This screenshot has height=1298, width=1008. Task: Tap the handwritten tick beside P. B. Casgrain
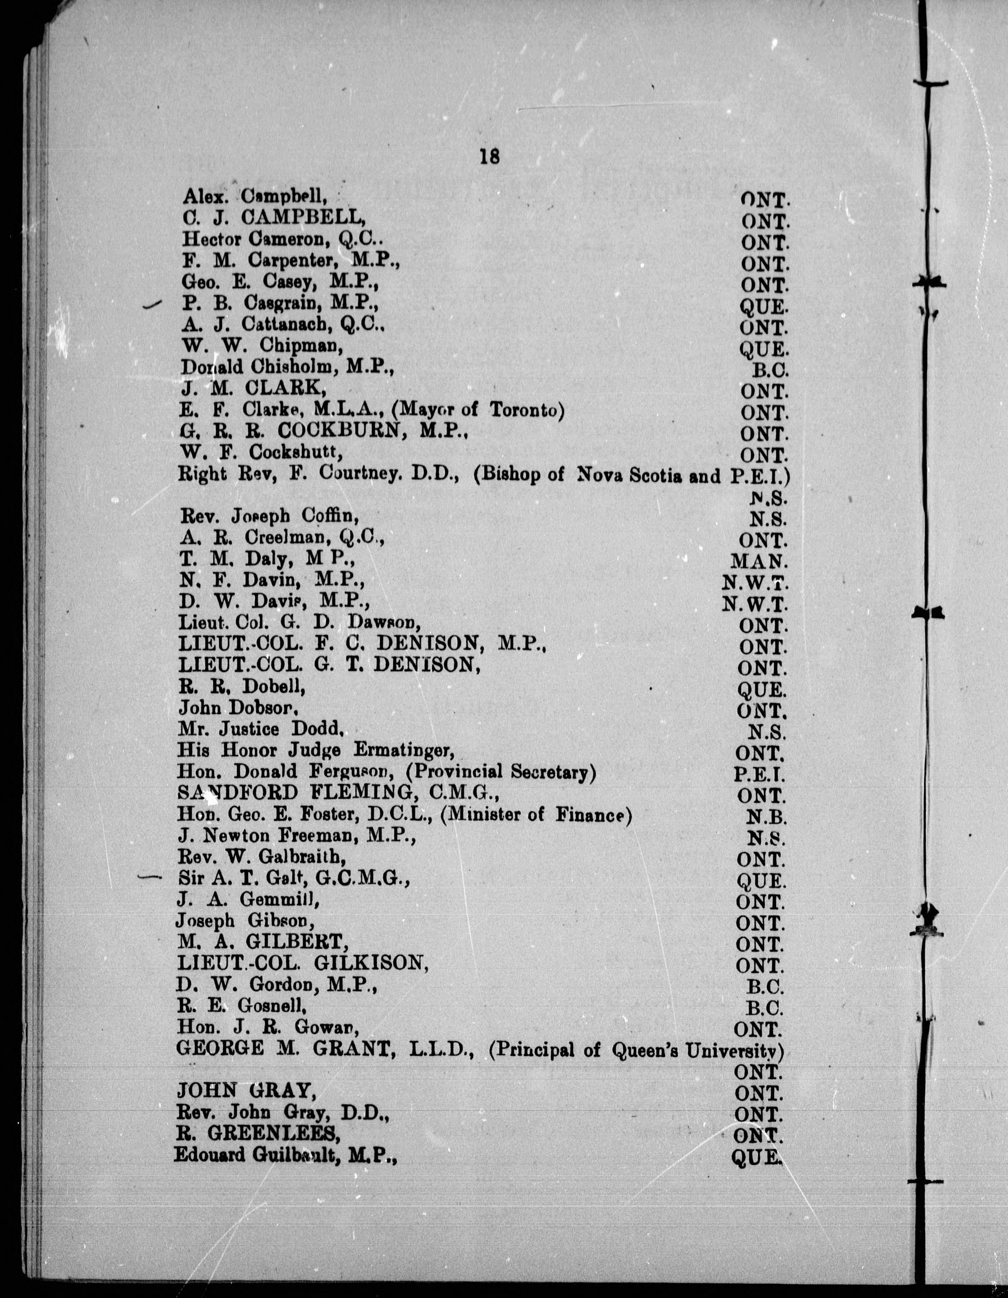click(x=153, y=305)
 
